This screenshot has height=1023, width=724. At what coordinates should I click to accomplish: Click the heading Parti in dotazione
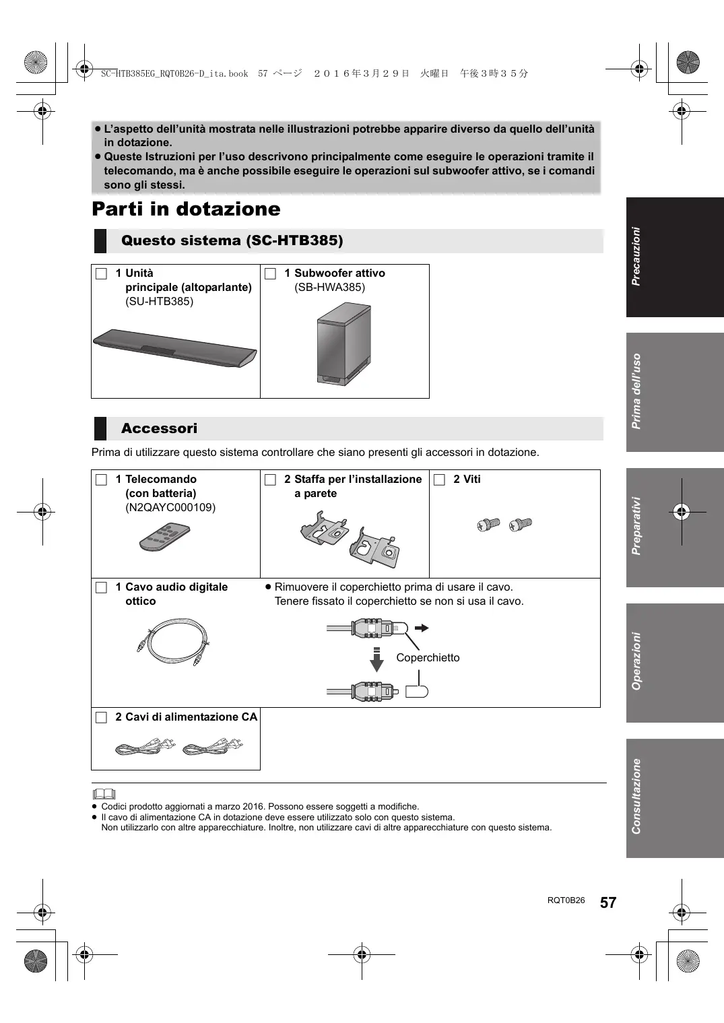[x=186, y=209]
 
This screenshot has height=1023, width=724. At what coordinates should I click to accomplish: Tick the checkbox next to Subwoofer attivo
[x=270, y=273]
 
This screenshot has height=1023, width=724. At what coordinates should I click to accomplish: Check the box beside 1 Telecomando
[x=101, y=480]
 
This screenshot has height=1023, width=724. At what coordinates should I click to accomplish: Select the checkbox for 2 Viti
[x=439, y=480]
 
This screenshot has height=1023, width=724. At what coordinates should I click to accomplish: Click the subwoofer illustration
[x=343, y=343]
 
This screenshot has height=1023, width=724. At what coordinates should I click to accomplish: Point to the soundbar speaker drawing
[x=174, y=348]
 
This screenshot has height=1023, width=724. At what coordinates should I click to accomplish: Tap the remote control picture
[x=164, y=536]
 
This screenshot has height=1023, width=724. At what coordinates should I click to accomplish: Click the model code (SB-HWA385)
[x=329, y=288]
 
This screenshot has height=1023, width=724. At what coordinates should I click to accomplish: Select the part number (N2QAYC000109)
[x=170, y=508]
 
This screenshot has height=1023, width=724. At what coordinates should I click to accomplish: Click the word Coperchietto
[x=428, y=658]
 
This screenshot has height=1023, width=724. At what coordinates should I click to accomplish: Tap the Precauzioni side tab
[x=674, y=257]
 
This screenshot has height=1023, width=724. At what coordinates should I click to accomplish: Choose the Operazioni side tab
[x=674, y=662]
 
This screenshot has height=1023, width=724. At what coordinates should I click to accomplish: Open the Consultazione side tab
[x=674, y=798]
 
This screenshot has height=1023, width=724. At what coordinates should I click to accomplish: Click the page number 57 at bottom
[x=608, y=902]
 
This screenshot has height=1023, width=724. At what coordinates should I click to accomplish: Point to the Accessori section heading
[x=159, y=428]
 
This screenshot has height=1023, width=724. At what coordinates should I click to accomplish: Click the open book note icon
[x=104, y=794]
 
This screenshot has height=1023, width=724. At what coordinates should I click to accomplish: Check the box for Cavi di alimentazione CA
[x=101, y=717]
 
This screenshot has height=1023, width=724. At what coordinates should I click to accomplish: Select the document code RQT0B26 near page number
[x=566, y=900]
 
